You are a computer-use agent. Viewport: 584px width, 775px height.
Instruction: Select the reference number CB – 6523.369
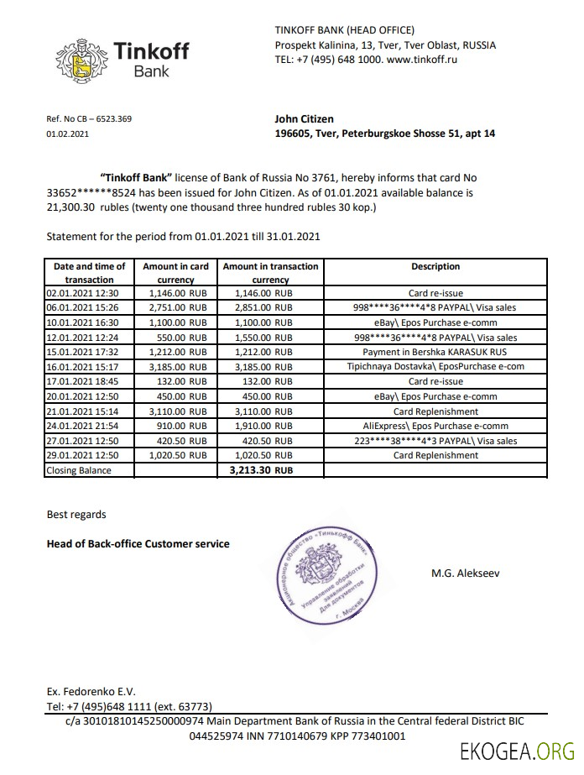89,119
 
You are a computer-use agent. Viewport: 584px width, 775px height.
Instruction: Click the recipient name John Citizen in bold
304,119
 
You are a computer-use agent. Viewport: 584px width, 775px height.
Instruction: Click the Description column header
435,266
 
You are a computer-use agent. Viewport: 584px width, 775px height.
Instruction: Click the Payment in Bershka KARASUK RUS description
435,352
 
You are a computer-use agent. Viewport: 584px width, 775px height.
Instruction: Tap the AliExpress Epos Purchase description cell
435,426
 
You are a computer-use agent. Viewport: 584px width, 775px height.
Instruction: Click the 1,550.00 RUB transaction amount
258,338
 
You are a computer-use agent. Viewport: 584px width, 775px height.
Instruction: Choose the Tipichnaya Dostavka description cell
435,367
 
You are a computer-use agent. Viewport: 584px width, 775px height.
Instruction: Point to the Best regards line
76,514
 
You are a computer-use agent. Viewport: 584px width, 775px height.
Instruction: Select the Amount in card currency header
175,273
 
